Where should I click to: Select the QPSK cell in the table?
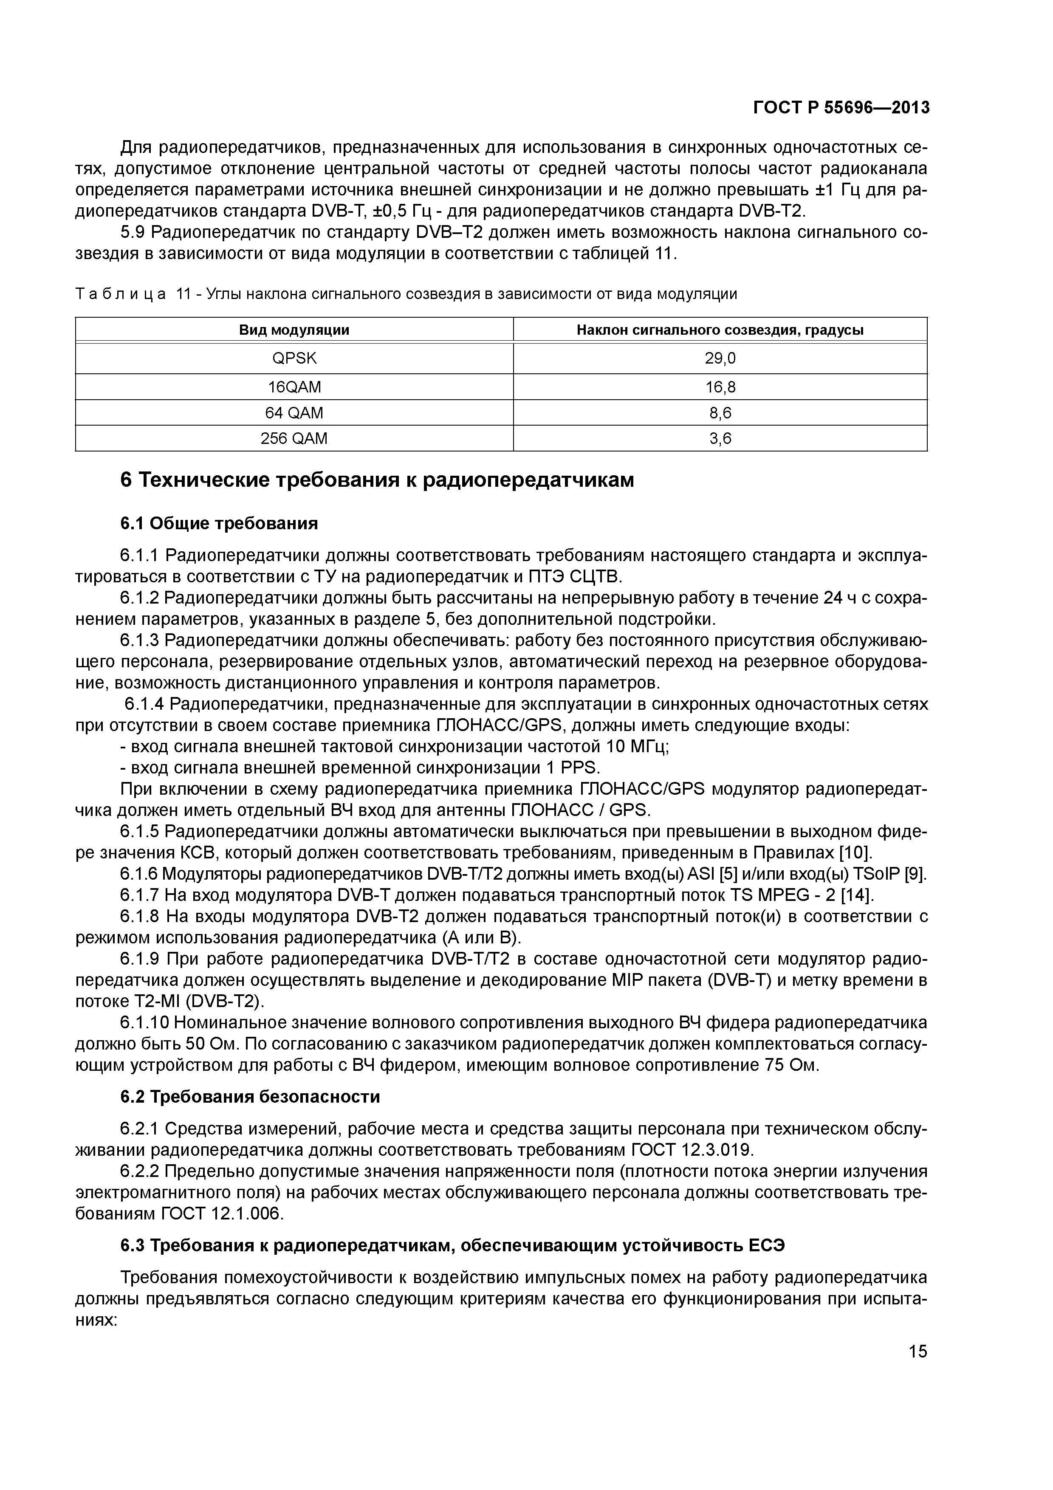[294, 358]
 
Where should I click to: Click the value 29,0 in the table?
[720, 358]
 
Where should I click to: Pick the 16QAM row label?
[294, 387]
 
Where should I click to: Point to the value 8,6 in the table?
[720, 413]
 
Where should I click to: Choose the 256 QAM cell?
[294, 439]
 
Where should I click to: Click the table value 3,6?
[720, 439]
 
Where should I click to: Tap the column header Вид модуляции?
[294, 330]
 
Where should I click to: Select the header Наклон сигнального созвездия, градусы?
[720, 330]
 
